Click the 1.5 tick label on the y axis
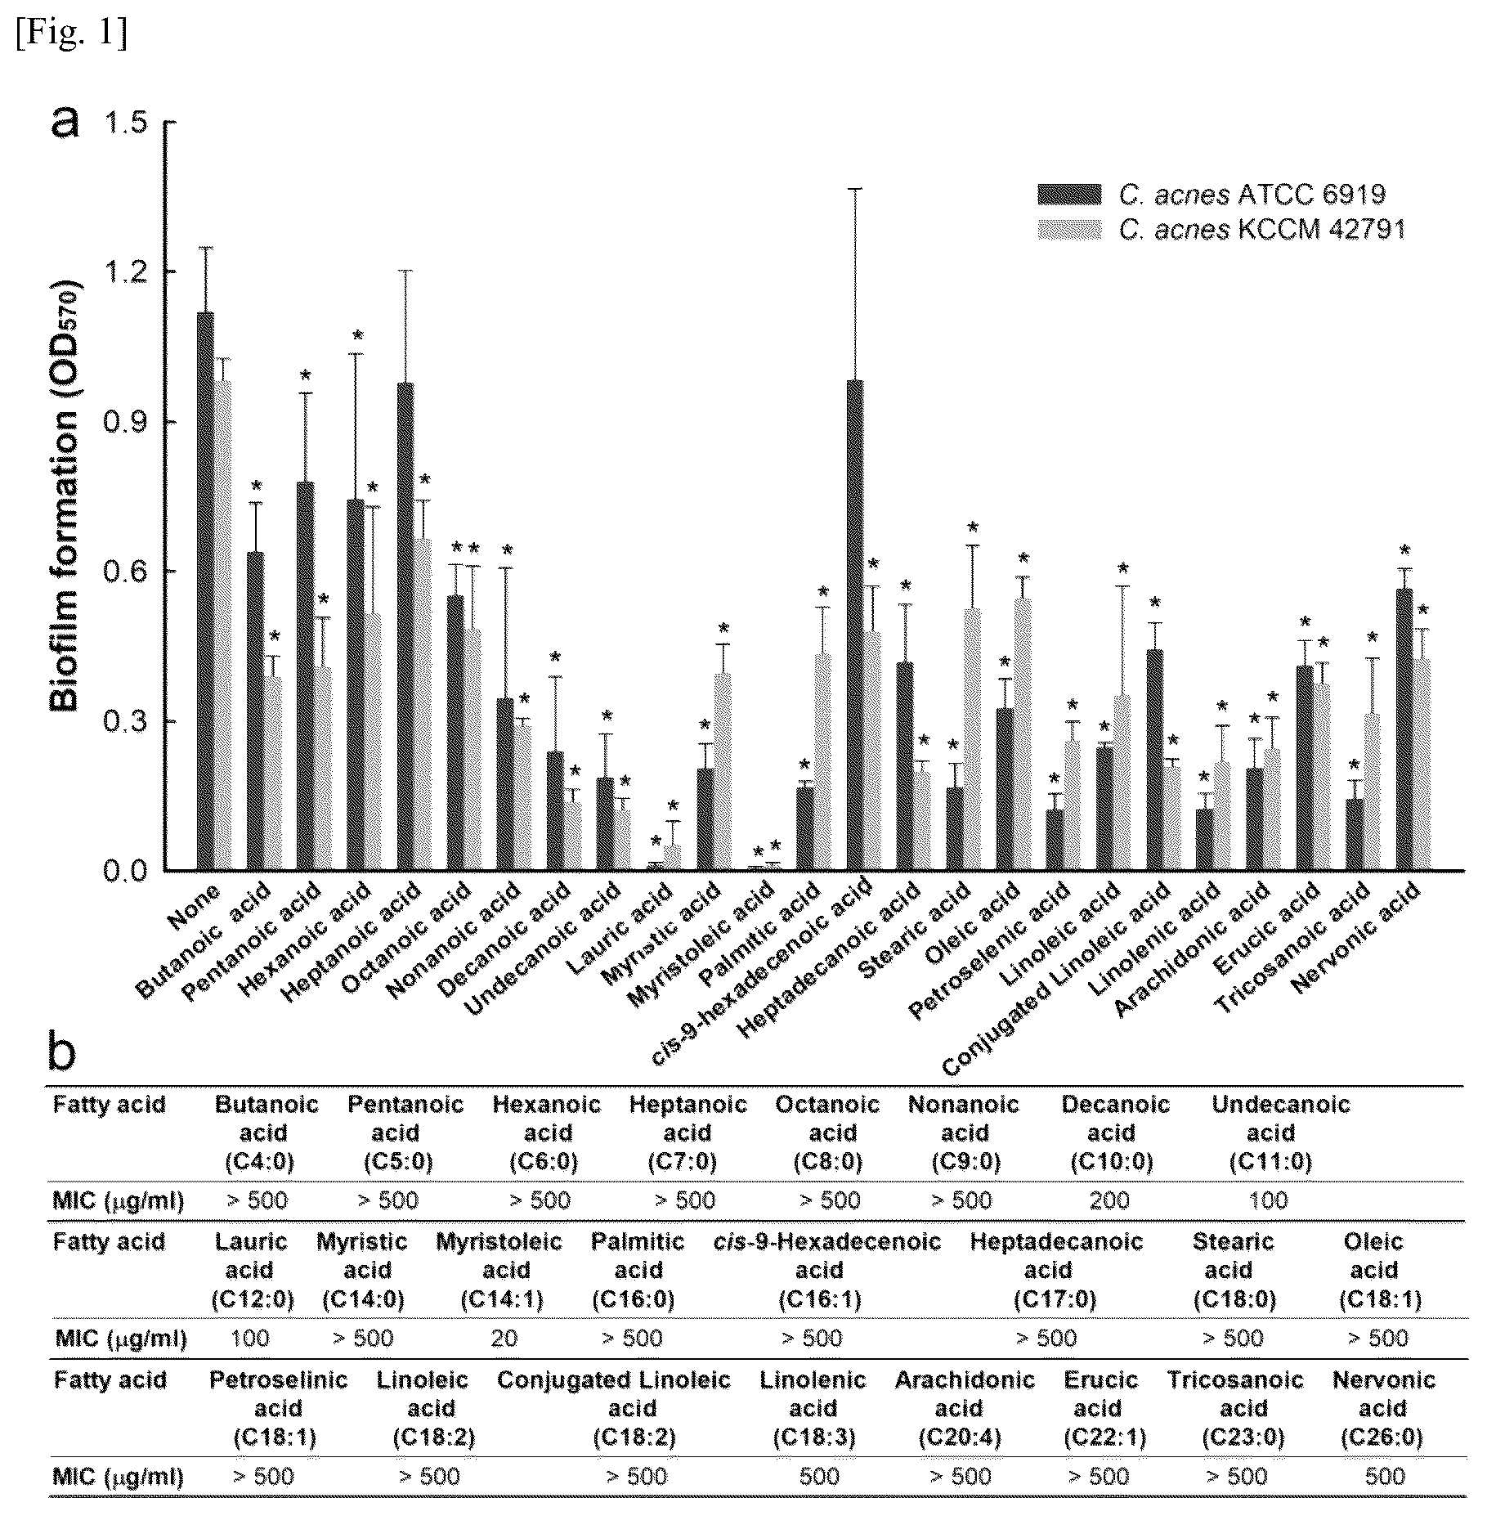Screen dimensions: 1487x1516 123,123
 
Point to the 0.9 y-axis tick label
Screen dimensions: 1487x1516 123,422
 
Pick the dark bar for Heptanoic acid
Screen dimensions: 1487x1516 405,627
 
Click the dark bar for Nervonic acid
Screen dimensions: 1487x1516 1404,729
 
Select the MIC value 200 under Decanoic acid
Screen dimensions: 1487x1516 1109,1200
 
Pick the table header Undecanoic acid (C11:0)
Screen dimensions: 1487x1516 1280,1133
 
